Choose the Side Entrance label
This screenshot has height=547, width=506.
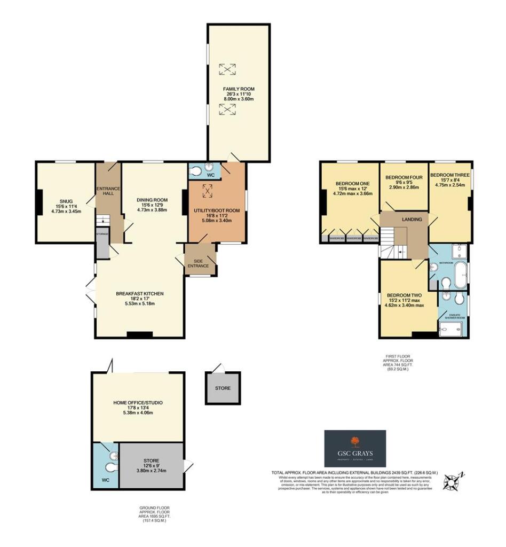click(x=200, y=261)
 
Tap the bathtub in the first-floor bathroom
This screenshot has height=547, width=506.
click(x=460, y=274)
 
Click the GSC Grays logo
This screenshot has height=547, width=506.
click(x=355, y=448)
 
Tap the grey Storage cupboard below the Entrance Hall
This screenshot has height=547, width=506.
click(x=102, y=244)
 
